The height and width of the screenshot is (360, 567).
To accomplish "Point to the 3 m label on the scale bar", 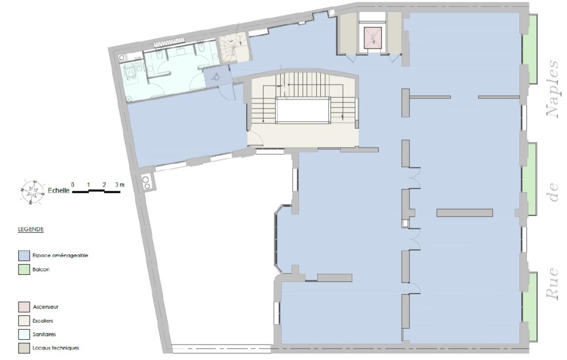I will (x=119, y=184).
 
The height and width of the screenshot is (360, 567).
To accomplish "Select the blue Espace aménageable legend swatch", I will (x=23, y=255).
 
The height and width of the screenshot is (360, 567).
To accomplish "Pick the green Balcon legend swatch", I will (x=23, y=268).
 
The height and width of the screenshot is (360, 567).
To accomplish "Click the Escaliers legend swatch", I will (x=23, y=320).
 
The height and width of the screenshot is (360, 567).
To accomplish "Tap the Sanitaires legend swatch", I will (x=23, y=334).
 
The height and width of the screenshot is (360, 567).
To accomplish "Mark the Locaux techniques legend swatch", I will (x=23, y=348).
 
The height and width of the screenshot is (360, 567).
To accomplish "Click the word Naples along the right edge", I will (x=554, y=89).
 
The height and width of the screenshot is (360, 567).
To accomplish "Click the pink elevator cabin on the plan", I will (x=372, y=37).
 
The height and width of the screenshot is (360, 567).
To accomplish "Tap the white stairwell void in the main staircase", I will (x=303, y=111).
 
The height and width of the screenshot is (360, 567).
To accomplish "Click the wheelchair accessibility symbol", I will (x=216, y=76).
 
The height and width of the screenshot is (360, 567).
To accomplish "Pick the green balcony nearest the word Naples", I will (x=530, y=49).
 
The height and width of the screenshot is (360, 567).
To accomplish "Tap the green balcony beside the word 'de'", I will (x=530, y=177).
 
